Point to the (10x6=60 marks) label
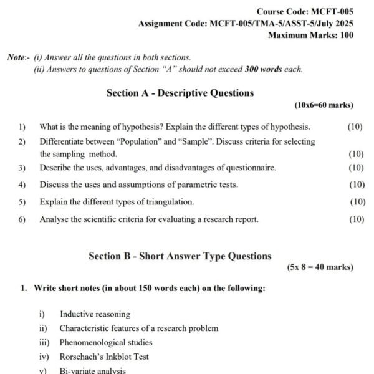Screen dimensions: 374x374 pos(324,105)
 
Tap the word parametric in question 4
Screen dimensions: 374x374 pos(183,185)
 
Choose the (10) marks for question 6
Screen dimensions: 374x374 pos(357,219)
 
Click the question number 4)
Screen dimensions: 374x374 pos(22,185)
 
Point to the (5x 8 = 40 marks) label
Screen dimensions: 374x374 pos(320,267)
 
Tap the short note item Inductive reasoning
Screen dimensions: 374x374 pos(95,314)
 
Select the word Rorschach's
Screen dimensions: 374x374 pos(80,357)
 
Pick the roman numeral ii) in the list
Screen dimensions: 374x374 pos(43,328)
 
